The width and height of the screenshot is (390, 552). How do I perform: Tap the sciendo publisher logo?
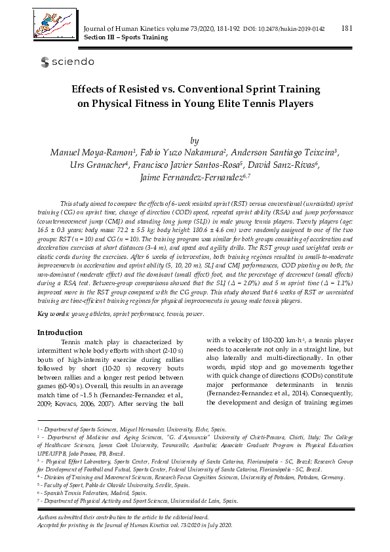pos(67,62)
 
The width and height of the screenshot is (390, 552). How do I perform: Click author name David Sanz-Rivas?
pos(292,165)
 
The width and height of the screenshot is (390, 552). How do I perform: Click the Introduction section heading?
pos(64,332)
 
